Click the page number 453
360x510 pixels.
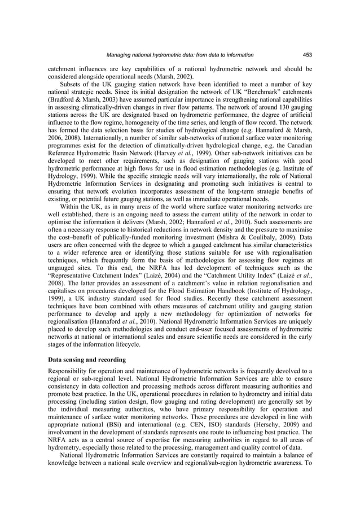pyautogui.click(x=308, y=55)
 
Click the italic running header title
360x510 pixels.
pyautogui.click(x=180, y=55)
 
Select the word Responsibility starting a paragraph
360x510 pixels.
pyautogui.click(x=71, y=371)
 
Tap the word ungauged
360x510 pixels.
pyautogui.click(x=62, y=271)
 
